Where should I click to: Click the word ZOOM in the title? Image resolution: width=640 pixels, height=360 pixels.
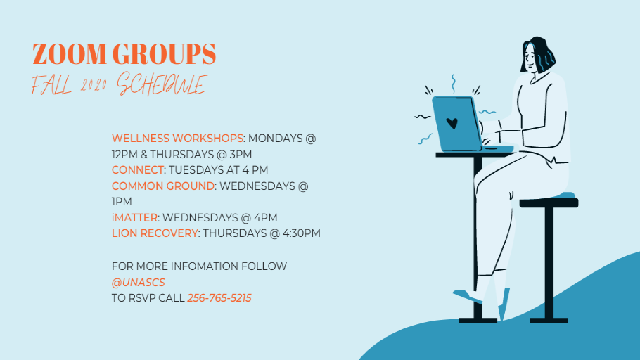[70, 54]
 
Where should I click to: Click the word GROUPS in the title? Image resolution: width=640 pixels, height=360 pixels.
[164, 54]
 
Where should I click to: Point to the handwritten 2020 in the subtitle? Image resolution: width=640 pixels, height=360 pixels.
[94, 85]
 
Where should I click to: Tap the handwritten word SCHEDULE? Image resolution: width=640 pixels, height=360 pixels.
[162, 84]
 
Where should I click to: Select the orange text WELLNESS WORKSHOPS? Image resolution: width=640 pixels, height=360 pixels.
[177, 139]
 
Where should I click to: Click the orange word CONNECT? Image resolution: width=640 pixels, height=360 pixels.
[138, 169]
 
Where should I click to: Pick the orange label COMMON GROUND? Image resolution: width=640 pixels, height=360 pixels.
[163, 186]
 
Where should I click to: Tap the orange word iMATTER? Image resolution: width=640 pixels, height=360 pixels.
[135, 217]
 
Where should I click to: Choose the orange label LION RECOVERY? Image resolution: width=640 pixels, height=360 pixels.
[155, 233]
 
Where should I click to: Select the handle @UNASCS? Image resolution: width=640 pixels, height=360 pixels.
[139, 283]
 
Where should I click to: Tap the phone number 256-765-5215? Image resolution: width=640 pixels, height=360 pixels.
[219, 298]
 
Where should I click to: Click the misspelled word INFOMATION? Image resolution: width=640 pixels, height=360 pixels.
[205, 266]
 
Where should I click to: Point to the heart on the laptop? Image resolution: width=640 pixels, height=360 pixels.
[452, 123]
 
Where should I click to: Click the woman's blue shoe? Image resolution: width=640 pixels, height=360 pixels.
[468, 295]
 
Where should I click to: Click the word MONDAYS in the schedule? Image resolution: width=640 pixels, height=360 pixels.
[275, 139]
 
